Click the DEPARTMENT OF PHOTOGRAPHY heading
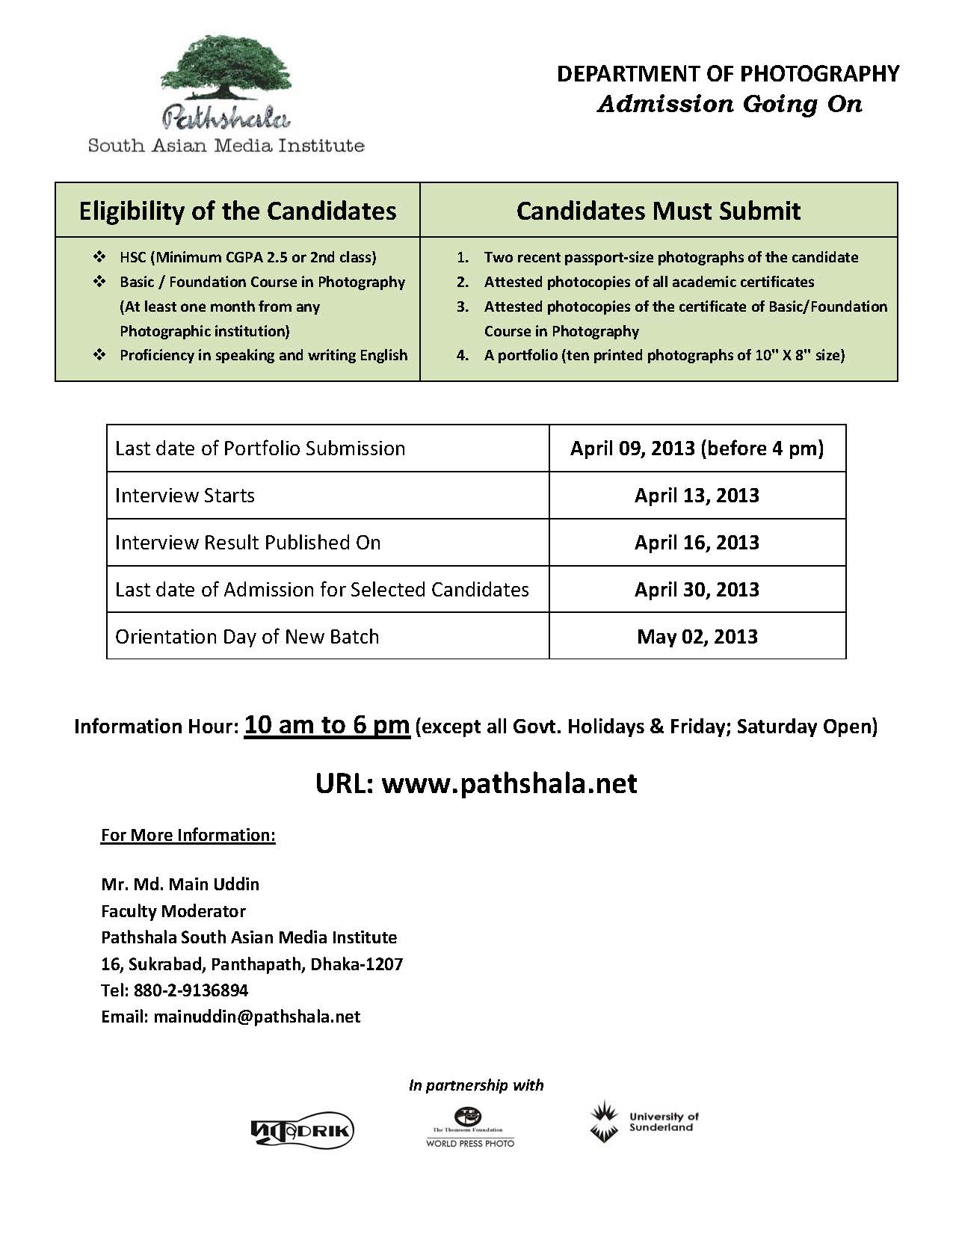[x=728, y=73]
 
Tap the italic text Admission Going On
[x=730, y=104]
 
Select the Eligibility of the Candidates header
[x=238, y=211]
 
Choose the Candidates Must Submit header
[x=658, y=211]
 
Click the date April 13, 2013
[x=697, y=496]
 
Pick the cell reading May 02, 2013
[x=697, y=637]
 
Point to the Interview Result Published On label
[x=247, y=543]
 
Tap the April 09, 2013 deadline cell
[x=697, y=448]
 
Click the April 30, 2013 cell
[x=697, y=590]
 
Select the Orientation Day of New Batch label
[x=247, y=637]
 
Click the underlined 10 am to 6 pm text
[x=327, y=725]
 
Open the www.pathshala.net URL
[x=509, y=783]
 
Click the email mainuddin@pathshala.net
[x=256, y=1017]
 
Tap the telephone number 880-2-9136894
[x=191, y=990]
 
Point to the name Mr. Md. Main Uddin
[x=180, y=884]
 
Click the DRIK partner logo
[x=302, y=1132]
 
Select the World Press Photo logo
[x=469, y=1128]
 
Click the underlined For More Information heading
[x=188, y=835]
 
